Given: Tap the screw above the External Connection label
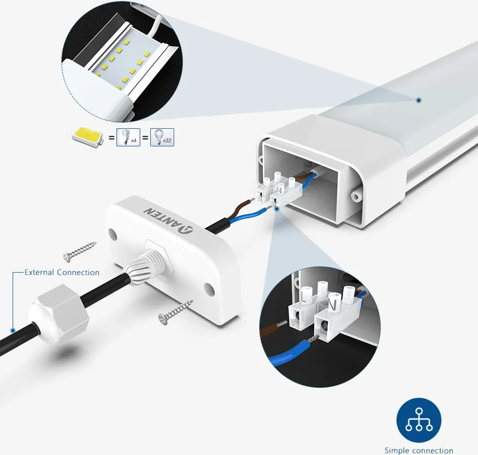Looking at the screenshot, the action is click(x=79, y=252).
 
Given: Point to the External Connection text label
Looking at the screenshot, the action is click(x=62, y=272).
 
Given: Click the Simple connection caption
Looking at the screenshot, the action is click(x=419, y=450).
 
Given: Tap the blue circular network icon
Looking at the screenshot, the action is click(x=419, y=420).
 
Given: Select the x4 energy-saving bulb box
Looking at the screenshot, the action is click(x=128, y=138).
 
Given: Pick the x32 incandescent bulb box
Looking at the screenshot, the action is click(x=162, y=138).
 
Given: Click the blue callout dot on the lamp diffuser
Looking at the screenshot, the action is click(x=419, y=100).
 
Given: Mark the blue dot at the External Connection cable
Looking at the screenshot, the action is click(x=13, y=330).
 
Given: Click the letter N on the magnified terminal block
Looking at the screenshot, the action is click(x=333, y=305).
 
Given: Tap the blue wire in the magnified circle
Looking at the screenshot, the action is click(x=293, y=354).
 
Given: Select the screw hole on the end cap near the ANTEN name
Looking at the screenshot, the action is click(x=112, y=235).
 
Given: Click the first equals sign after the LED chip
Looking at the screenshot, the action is click(x=112, y=138).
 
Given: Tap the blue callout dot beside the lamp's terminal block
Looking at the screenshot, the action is click(x=277, y=209).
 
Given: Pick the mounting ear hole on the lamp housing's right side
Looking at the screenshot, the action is click(x=355, y=196).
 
